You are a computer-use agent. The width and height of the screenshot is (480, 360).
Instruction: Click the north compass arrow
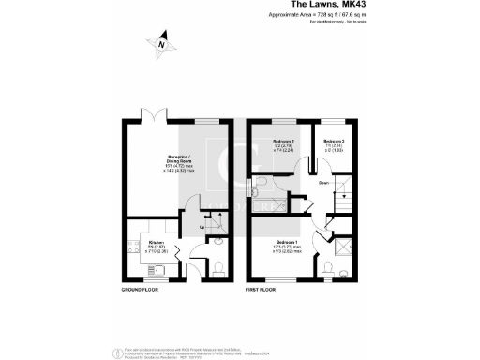(x=161, y=42)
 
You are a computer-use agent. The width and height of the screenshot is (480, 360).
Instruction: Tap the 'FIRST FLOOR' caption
(x=266, y=290)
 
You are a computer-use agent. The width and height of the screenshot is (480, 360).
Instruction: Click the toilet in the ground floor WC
(x=217, y=268)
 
